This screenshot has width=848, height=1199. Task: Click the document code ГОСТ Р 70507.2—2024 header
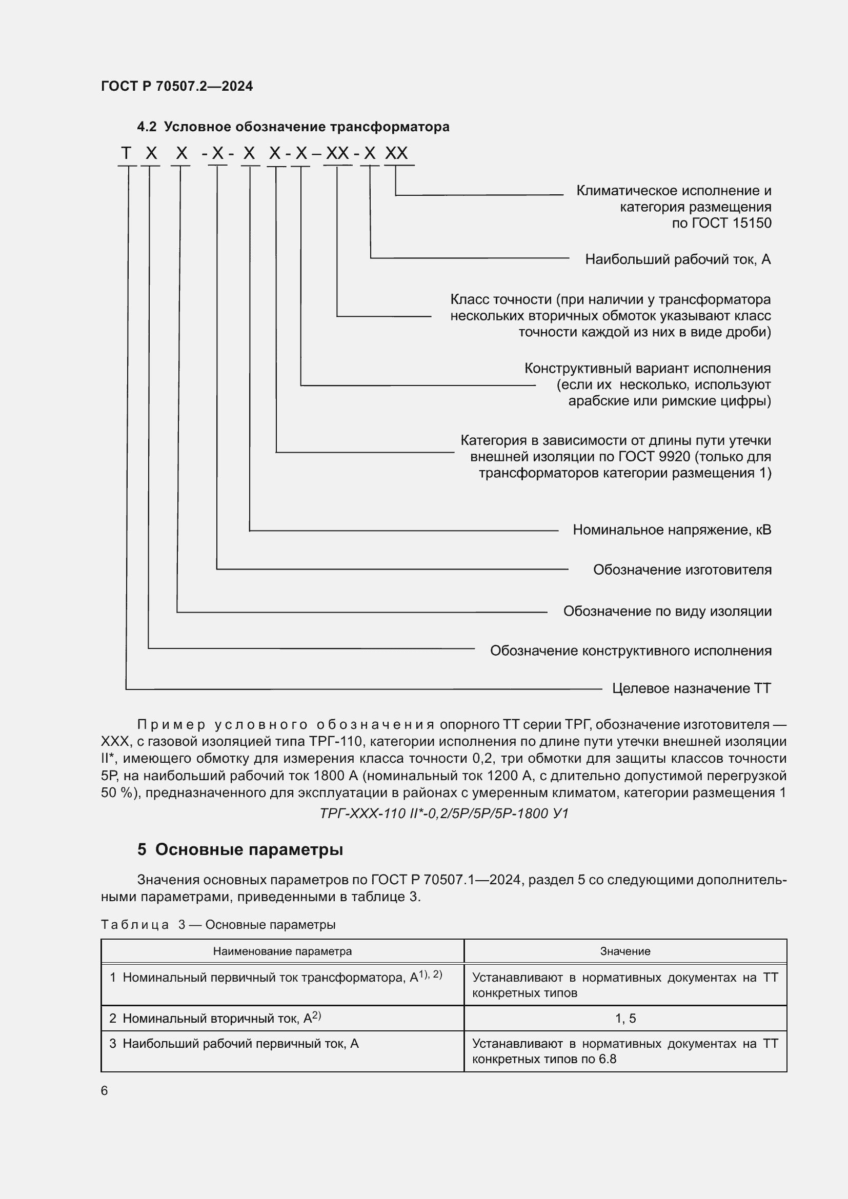pos(176,86)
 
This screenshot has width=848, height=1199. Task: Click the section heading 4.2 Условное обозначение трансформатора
pos(293,127)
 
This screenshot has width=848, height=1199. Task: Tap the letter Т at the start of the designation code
pos(126,154)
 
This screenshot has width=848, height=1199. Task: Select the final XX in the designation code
pos(396,154)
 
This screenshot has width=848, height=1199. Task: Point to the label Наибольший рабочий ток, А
pos(677,259)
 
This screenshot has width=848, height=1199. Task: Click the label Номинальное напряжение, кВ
pos(672,530)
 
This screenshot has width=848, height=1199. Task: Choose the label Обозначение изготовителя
pos(682,570)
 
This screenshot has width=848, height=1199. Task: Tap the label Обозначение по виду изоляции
pos(667,611)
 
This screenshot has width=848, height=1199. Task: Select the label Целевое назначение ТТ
pos(691,688)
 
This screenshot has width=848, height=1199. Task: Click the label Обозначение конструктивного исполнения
pos(630,651)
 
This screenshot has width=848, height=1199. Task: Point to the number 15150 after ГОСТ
pos(752,223)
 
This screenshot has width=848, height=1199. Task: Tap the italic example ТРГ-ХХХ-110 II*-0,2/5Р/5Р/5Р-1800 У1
pos(444,814)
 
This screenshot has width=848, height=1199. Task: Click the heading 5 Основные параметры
pos(240,849)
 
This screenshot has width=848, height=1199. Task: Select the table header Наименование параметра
pos(282,951)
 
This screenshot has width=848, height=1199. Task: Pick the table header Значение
pos(625,951)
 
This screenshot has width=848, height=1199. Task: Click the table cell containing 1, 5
pos(625,1019)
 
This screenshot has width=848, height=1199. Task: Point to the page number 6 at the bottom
pos(105,1091)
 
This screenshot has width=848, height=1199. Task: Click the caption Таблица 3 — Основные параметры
pos(218,925)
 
